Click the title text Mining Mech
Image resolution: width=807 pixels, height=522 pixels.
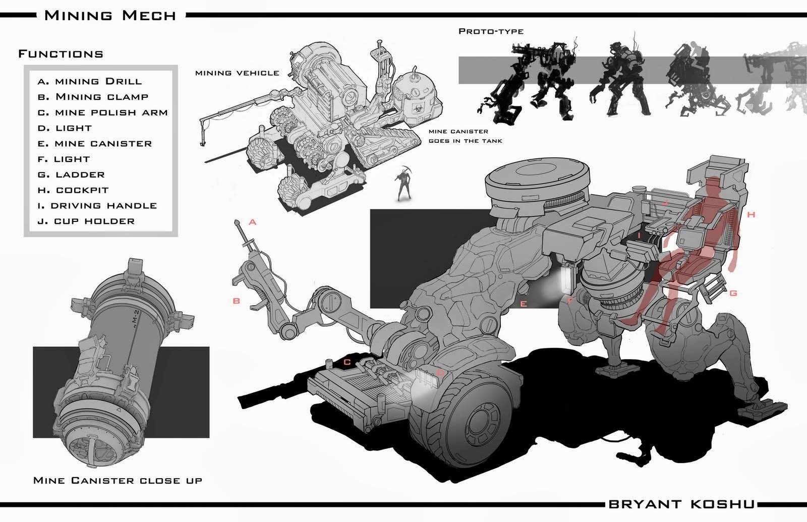(x=110, y=15)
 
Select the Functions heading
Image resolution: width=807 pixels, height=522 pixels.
(x=61, y=54)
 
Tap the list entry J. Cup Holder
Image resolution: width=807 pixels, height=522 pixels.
(x=86, y=221)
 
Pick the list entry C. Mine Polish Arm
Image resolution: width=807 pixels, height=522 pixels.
(x=103, y=112)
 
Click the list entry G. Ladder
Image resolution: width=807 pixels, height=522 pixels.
(x=71, y=175)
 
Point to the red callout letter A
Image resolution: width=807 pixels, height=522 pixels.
(x=253, y=222)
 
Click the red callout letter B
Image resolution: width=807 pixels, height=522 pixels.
(x=236, y=301)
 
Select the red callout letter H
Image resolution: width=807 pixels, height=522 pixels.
(x=751, y=215)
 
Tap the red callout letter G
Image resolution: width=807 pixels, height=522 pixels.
(x=733, y=293)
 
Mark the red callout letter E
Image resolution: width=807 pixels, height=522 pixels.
(x=524, y=304)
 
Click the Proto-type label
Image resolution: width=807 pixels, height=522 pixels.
(x=491, y=31)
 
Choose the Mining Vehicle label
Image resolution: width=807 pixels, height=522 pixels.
(x=237, y=73)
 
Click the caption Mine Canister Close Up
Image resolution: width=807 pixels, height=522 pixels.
(x=118, y=480)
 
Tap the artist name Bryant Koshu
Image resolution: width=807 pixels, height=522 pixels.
(x=681, y=504)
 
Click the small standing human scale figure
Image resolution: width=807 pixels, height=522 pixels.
(x=403, y=184)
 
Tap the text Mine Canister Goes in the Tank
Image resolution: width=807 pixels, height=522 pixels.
(x=465, y=136)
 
